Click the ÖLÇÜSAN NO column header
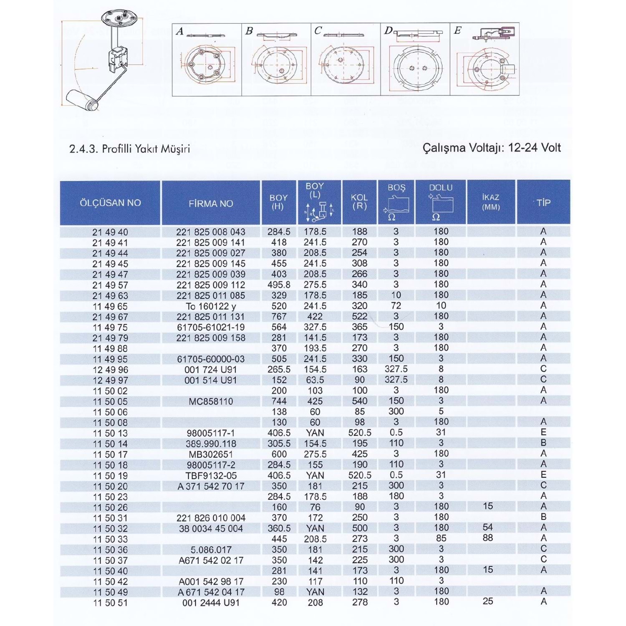click(x=110, y=203)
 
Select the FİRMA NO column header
click(x=211, y=204)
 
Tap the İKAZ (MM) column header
click(x=491, y=202)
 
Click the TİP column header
click(x=543, y=203)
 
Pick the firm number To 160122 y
click(x=211, y=306)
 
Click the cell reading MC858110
click(x=211, y=401)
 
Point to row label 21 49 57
click(x=110, y=285)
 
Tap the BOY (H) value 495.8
click(x=279, y=285)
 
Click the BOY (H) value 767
click(x=279, y=316)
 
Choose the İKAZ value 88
click(x=487, y=538)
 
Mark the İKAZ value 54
click(x=487, y=528)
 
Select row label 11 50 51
click(x=110, y=603)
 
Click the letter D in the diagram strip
click(x=389, y=30)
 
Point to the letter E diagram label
click(x=458, y=30)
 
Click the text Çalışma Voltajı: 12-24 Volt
click(x=492, y=148)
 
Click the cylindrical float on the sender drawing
click(x=83, y=100)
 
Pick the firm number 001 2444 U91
click(x=211, y=603)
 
